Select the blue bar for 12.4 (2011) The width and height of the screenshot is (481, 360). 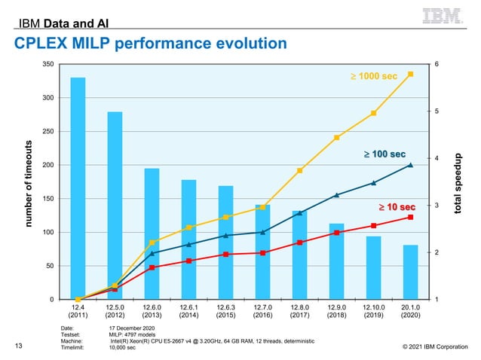click(x=78, y=188)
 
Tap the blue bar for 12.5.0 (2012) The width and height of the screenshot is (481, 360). click(x=115, y=206)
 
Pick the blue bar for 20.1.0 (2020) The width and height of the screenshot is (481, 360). click(x=410, y=272)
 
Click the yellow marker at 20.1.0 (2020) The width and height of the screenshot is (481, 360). click(x=410, y=74)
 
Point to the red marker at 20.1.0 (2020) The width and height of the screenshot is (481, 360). click(x=410, y=217)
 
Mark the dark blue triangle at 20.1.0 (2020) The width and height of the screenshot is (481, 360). click(x=410, y=165)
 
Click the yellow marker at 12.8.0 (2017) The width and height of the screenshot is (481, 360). click(x=299, y=171)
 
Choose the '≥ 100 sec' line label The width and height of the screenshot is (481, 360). click(x=386, y=154)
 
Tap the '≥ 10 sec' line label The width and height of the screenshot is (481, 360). click(x=396, y=206)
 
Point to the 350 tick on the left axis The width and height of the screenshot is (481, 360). click(x=48, y=65)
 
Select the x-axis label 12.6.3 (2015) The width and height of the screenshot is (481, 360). click(x=225, y=312)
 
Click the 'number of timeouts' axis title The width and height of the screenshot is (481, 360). click(x=29, y=183)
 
